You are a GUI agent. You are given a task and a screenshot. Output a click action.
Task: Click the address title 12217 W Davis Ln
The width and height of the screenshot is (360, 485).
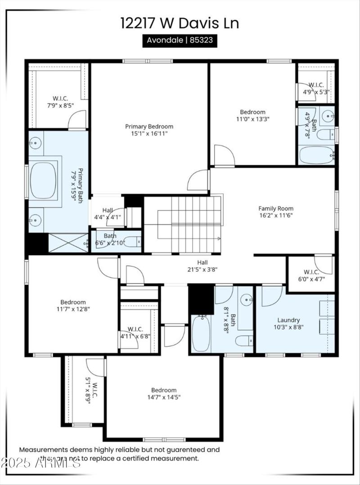[x=180, y=23]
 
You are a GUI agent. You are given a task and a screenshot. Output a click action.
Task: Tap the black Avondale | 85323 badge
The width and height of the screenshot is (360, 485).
[x=180, y=40]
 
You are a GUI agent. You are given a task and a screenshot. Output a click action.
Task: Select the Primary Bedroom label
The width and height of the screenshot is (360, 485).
[x=149, y=130]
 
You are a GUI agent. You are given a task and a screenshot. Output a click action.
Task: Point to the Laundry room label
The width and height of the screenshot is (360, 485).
[x=288, y=323]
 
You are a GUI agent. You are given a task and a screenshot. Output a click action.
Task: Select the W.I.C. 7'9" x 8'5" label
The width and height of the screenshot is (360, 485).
[x=60, y=102]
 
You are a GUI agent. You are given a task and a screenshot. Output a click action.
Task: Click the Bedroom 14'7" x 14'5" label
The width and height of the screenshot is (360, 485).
[x=163, y=393]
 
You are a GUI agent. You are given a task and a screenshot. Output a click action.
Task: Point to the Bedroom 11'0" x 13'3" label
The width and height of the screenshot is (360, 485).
[x=252, y=115]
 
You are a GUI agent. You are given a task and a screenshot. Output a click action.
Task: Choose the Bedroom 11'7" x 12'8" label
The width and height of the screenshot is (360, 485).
[x=73, y=305]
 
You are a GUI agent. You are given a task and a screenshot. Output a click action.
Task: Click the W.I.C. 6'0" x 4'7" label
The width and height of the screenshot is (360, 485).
[x=311, y=275]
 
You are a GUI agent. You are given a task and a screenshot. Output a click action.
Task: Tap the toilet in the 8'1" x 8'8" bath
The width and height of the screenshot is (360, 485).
[x=244, y=341]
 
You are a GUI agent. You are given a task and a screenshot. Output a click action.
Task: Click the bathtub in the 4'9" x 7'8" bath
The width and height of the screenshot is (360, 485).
[x=317, y=155]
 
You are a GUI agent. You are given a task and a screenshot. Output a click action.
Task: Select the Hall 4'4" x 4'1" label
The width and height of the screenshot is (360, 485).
[x=108, y=213]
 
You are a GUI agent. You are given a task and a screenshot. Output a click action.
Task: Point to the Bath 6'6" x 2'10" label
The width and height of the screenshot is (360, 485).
[x=109, y=238]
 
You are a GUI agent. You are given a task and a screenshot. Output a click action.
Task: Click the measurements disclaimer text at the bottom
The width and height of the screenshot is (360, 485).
[x=119, y=454]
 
